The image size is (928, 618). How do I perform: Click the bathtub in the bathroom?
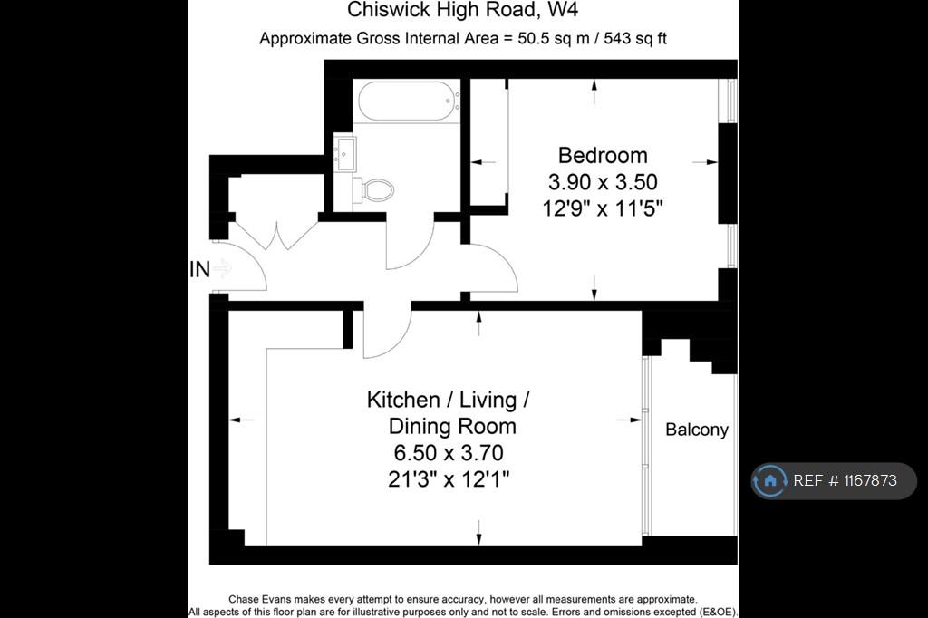point(408,101)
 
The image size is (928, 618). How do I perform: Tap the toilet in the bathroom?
point(373,190)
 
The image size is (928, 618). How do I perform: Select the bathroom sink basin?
point(344,153)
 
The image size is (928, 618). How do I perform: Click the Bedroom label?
point(603,155)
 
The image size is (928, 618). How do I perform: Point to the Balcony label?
point(697,430)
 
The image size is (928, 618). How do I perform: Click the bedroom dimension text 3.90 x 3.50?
point(603,182)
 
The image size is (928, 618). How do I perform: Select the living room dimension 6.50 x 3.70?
point(449,453)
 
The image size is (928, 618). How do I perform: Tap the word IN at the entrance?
point(200,269)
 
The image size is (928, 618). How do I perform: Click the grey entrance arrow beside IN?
point(223,269)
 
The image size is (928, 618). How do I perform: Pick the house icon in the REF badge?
point(770,480)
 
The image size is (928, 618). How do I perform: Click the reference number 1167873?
point(870,480)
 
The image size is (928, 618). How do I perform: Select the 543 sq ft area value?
point(635,38)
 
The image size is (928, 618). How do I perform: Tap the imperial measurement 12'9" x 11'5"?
point(603,208)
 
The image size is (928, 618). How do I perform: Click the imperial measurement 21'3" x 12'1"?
point(449,478)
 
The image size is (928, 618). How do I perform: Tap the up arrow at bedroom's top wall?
point(594,92)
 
